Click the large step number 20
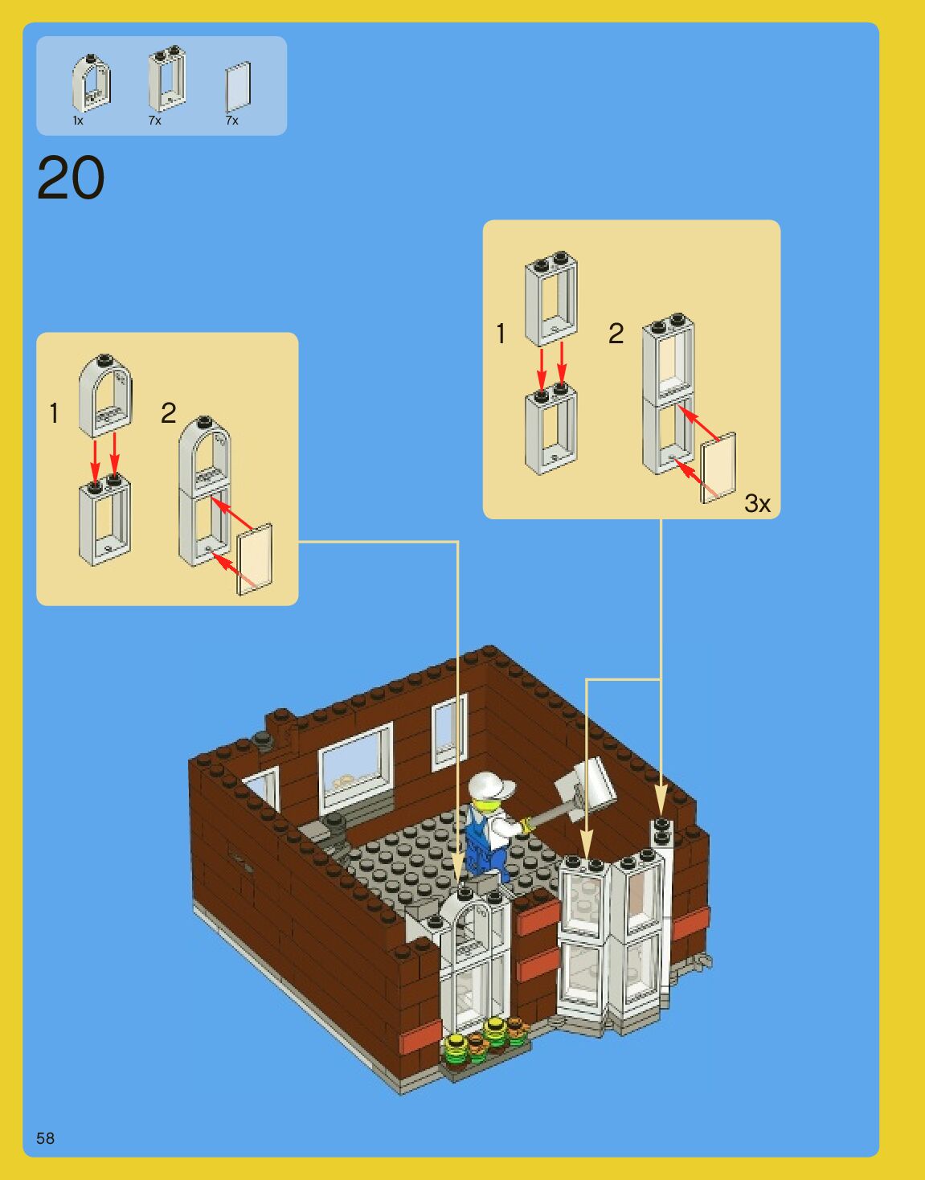(x=71, y=178)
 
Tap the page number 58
(x=45, y=1137)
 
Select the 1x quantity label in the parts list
(x=78, y=121)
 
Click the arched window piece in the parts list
(x=91, y=83)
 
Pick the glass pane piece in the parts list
(x=238, y=87)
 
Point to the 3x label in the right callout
(x=757, y=504)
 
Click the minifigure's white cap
(x=490, y=785)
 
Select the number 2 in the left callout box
(x=168, y=413)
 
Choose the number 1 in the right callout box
(x=501, y=334)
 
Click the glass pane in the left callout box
(x=255, y=560)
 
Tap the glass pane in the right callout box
(x=718, y=469)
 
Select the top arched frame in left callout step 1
(x=104, y=395)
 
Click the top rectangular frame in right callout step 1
(x=551, y=298)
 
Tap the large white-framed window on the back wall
(x=356, y=764)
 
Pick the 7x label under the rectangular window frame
(x=154, y=121)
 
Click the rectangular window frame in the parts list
(x=167, y=80)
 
